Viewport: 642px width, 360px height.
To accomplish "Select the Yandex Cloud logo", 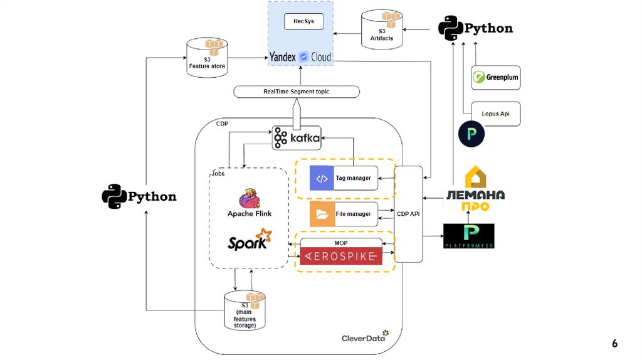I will point(300,56).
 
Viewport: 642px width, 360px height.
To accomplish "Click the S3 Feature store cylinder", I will point(207,58).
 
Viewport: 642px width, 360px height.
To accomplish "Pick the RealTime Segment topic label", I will point(297,92).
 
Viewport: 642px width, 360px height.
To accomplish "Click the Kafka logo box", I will point(297,137).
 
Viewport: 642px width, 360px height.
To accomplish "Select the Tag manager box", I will point(344,178).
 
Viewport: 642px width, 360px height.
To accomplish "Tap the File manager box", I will point(344,214).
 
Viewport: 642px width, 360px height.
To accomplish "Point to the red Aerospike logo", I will point(341,256).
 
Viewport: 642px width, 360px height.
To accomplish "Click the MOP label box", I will point(341,242).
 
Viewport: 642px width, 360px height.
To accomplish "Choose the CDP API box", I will point(408,214).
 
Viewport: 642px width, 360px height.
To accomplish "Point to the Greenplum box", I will point(495,78).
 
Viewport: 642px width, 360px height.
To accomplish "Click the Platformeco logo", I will point(468,236).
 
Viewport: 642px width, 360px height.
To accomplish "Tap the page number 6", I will point(614,343).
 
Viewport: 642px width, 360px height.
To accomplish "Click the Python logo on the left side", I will point(139,196).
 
